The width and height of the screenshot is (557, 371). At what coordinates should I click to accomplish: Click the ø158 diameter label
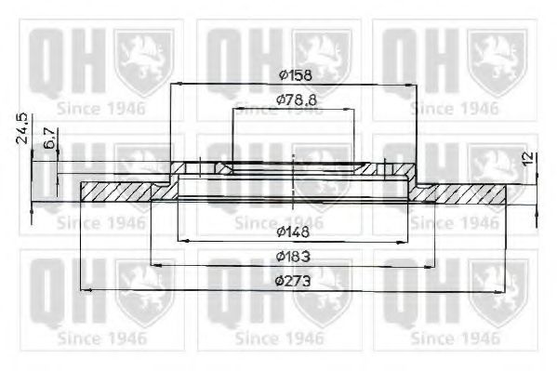[293, 74]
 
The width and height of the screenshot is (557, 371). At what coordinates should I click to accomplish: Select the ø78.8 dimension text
[293, 99]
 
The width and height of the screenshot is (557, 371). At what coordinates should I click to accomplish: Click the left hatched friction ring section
[116, 192]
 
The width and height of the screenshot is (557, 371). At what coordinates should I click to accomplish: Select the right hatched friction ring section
[470, 192]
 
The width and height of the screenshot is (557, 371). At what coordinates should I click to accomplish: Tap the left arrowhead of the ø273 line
[85, 290]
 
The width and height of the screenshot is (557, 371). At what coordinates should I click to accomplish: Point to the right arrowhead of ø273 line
[505, 290]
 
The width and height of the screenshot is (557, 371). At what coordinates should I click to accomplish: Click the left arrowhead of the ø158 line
[173, 85]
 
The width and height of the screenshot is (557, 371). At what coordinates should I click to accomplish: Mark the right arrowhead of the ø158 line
[415, 85]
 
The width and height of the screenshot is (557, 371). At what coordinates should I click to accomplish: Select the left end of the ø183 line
[152, 266]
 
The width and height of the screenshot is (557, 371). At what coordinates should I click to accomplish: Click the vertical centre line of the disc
[293, 177]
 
